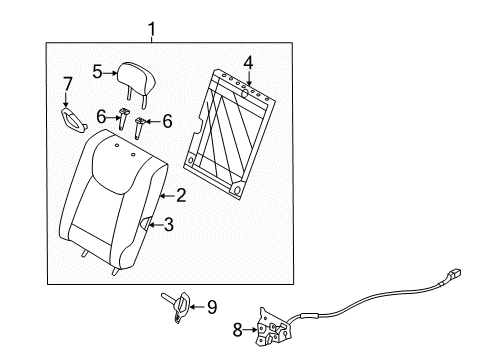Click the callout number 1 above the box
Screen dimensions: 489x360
point(152,29)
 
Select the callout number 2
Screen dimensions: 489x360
point(181,195)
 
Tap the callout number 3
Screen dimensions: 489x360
point(169,225)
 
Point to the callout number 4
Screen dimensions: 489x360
point(248,63)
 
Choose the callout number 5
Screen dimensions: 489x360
point(97,72)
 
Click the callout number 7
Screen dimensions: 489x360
point(68,84)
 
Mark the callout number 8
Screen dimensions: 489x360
point(237,330)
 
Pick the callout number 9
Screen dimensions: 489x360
point(212,307)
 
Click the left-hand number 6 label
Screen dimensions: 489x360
point(101,117)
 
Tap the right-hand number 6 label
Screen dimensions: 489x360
point(167,121)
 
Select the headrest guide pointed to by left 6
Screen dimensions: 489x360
point(123,119)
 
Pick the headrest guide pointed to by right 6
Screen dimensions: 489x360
point(139,128)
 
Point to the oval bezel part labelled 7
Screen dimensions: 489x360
point(74,119)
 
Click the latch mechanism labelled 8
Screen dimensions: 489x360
point(273,328)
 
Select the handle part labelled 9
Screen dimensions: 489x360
point(178,307)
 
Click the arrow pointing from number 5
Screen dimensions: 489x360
point(110,72)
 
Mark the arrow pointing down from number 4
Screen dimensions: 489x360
point(249,79)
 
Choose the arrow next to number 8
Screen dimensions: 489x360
point(250,330)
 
